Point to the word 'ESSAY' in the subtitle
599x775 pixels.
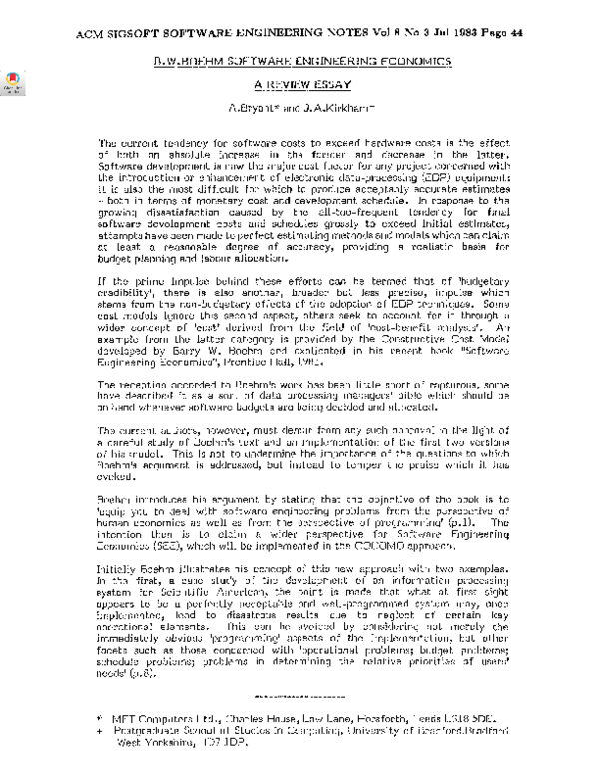click(x=329, y=86)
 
